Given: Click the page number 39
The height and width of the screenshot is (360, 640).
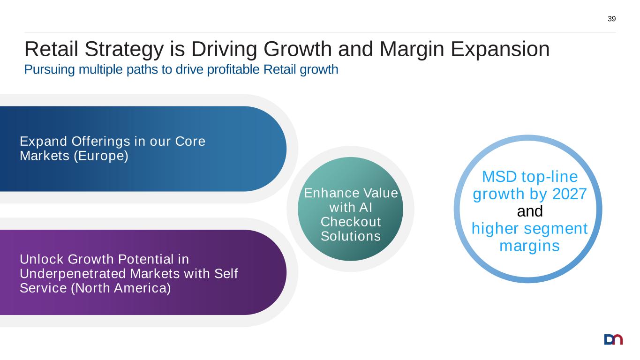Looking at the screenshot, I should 611,19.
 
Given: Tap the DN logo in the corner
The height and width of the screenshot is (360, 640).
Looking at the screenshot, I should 613,339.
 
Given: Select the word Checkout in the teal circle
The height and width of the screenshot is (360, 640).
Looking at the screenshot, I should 350,221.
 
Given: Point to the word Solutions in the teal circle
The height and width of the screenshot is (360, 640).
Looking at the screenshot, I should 350,236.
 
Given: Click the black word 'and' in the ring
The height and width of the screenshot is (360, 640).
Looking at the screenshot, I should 529,211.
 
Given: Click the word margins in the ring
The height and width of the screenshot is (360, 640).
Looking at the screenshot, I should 529,246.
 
